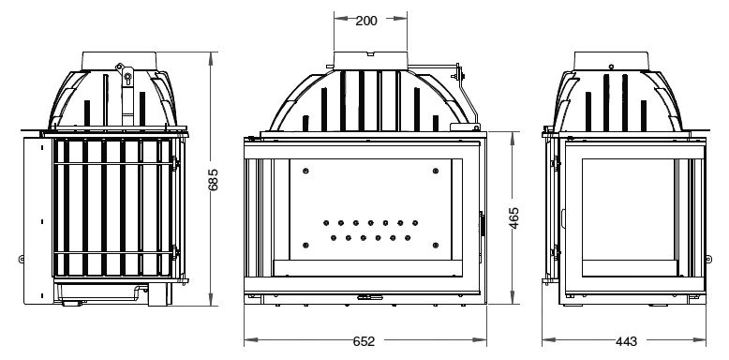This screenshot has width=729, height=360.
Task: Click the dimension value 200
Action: click(366, 21)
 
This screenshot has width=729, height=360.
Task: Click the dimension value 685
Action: click(213, 180)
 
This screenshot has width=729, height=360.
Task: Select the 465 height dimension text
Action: click(513, 217)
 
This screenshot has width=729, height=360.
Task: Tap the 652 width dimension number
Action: click(364, 341)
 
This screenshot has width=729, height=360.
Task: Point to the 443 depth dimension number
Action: click(626, 341)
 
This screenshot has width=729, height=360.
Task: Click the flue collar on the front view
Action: click(370, 61)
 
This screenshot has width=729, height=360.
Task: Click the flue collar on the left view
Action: click(119, 61)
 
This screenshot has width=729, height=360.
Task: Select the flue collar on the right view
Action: click(611, 61)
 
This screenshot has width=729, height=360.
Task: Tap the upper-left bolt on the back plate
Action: click(305, 172)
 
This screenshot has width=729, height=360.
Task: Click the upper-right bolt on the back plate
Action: click(435, 172)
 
